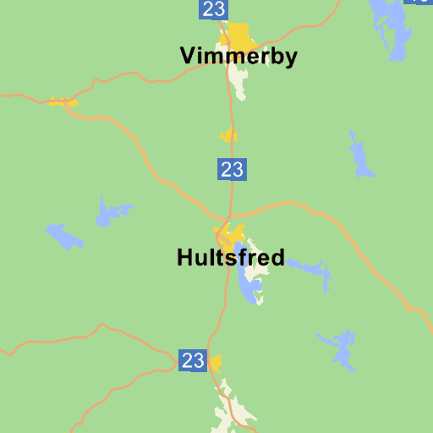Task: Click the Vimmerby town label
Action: coord(238,57)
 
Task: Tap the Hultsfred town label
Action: coord(230,258)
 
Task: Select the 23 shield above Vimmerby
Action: coord(214,9)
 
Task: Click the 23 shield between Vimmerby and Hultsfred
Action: coord(232,169)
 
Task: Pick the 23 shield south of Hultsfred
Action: coord(193,360)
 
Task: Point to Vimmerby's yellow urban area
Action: coord(239,36)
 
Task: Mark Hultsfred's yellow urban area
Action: coord(229,234)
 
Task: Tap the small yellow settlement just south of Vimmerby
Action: coord(228,134)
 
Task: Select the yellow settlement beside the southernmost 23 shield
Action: coord(216,364)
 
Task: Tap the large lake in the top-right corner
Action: coord(391,25)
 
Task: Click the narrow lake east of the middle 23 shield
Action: coord(360,156)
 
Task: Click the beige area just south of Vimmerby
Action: coord(238,80)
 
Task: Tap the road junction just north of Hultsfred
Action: coord(228,215)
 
